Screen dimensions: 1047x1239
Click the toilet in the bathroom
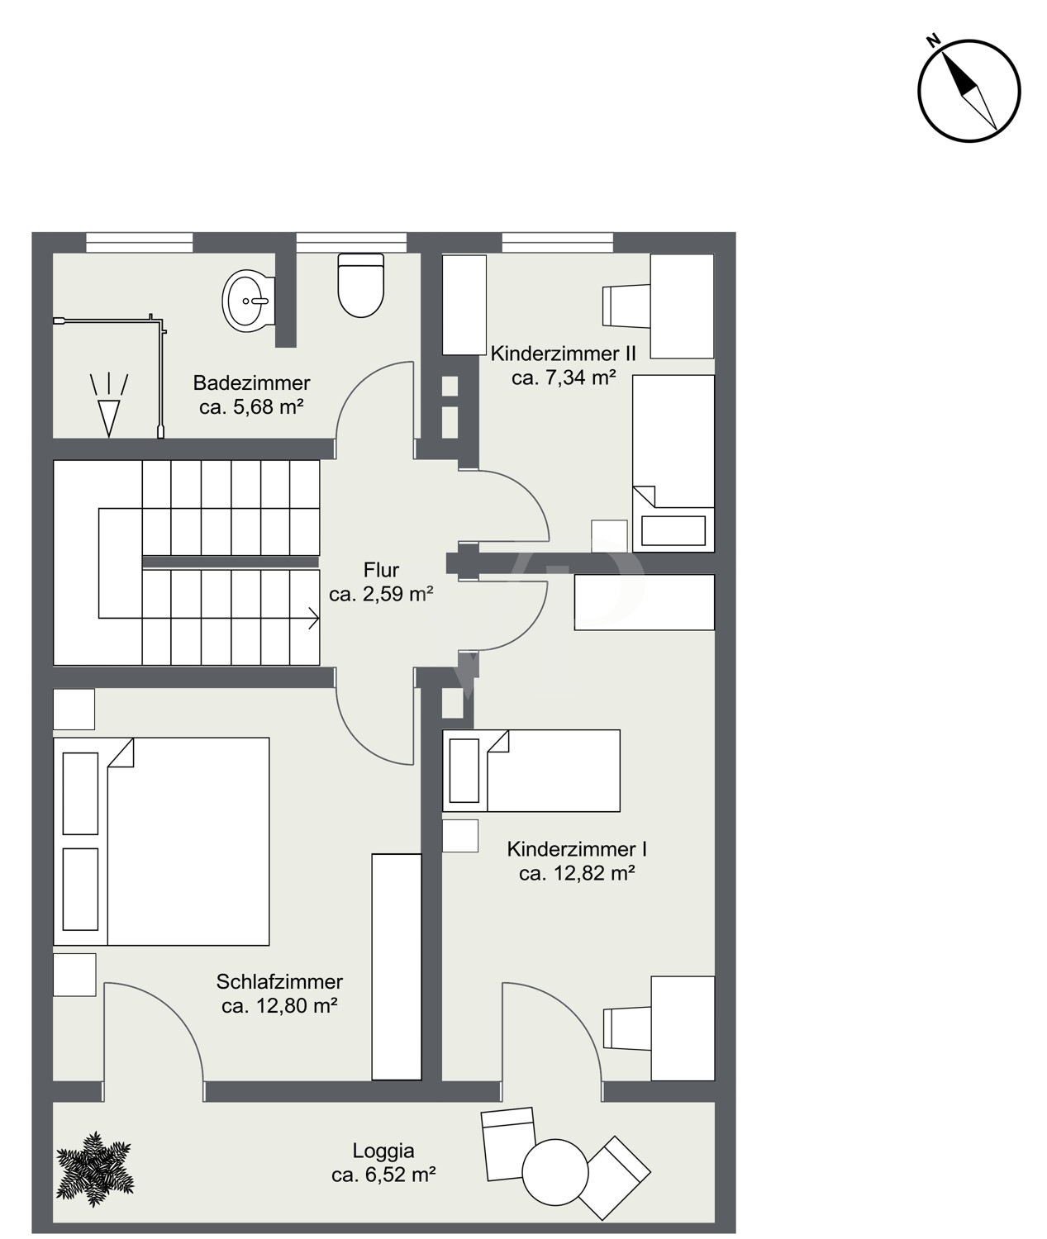pos(360,286)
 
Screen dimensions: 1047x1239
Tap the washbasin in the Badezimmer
pos(248,301)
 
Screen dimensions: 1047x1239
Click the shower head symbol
pos(109,406)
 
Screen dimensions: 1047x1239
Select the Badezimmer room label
pos(252,395)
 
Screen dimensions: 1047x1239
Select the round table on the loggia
pos(555,1172)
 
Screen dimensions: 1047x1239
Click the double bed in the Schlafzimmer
pos(161,842)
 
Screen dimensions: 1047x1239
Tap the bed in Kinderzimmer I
pos(531,771)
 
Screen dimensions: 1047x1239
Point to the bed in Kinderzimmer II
pos(673,463)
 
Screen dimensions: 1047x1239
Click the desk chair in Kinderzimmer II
pos(626,306)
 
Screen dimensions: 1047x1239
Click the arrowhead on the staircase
pos(315,618)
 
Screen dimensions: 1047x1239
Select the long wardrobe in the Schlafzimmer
pos(397,967)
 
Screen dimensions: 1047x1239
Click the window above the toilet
pos(351,242)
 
